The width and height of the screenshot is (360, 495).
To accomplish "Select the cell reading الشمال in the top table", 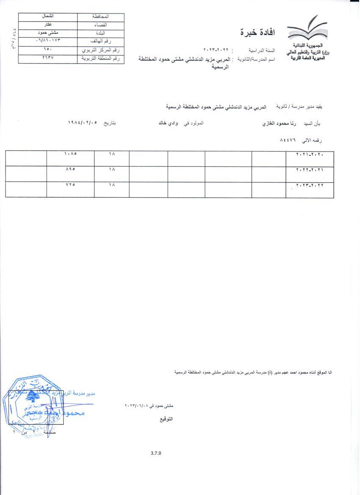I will pos(48,17).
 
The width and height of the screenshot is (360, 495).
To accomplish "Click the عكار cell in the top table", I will pos(48,25).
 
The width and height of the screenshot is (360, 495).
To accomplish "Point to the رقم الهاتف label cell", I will pos(101,41).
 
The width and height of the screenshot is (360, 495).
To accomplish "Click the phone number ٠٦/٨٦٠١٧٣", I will pos(48,41).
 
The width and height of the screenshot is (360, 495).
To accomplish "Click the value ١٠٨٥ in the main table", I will pos(70,155).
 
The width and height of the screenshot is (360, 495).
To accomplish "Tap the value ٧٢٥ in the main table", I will pos(70,185).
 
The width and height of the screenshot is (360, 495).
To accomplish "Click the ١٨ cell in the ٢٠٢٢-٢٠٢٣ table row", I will pos(112,185).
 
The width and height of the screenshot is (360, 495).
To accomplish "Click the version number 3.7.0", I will pos(156,453).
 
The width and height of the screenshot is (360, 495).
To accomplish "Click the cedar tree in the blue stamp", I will pos(30,397).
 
